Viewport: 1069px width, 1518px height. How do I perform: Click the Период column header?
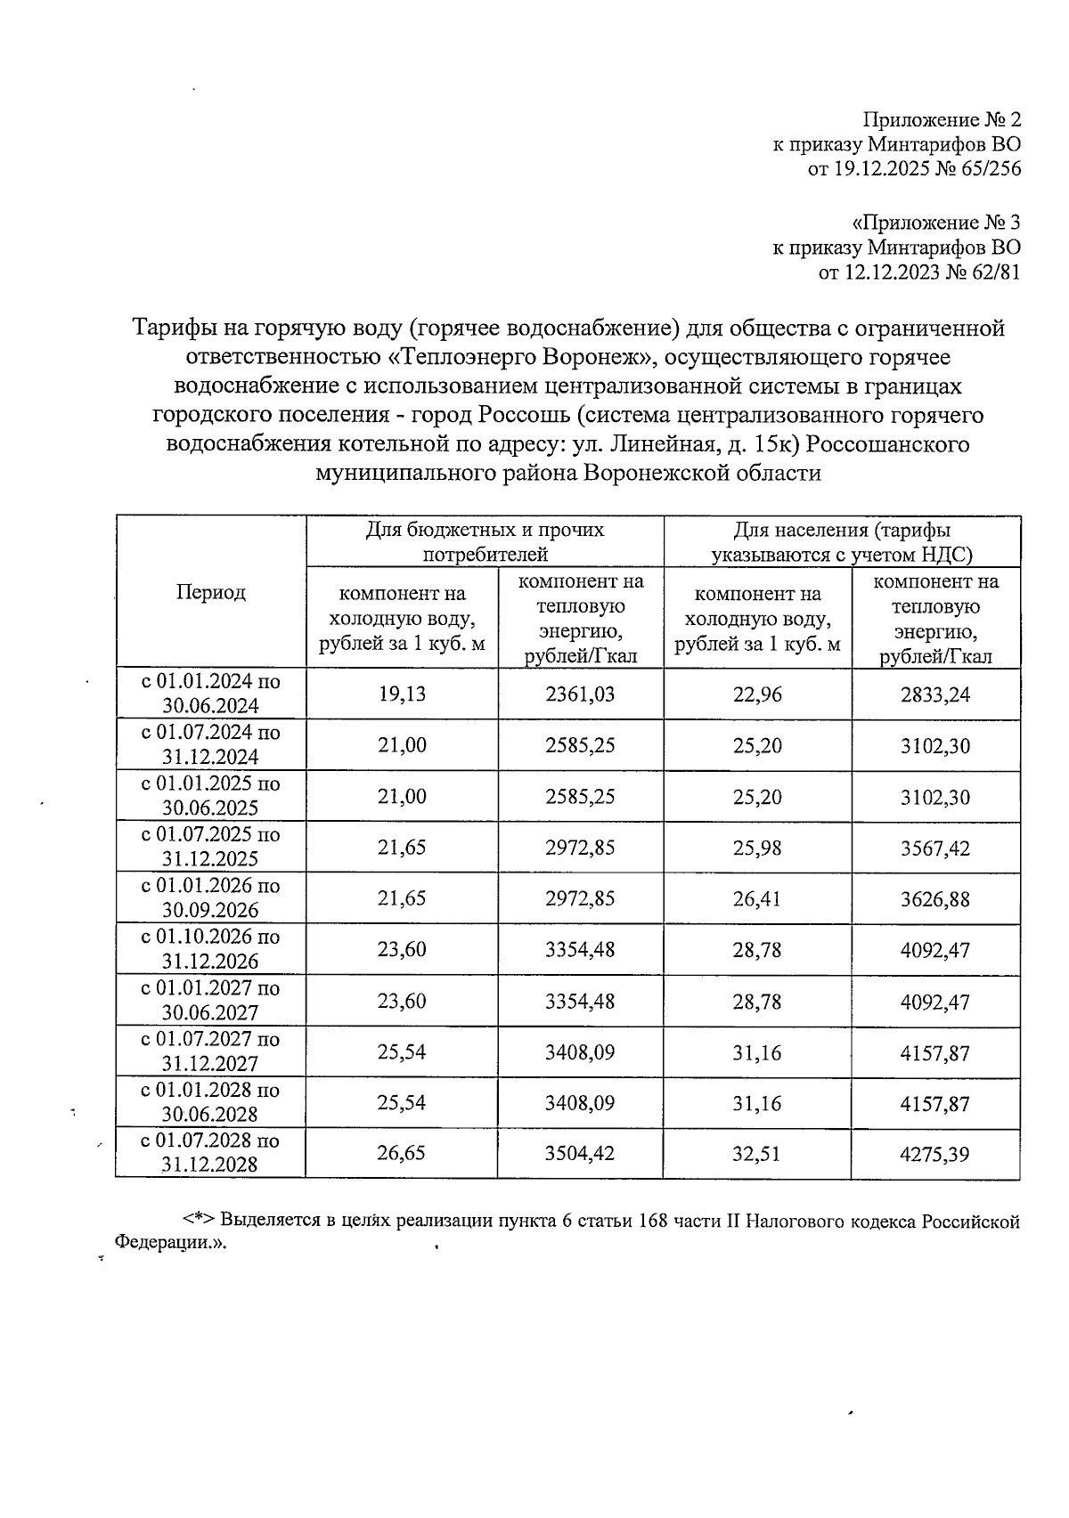click(210, 592)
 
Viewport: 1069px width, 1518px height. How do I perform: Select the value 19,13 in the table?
click(402, 694)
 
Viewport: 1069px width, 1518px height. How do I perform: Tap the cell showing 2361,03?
click(580, 694)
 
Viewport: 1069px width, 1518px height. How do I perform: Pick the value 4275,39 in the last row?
click(934, 1154)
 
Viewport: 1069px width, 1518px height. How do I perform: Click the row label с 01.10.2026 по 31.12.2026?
click(210, 949)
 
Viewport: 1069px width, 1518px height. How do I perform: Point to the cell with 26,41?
click(757, 898)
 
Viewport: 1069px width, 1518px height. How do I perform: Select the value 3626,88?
click(934, 898)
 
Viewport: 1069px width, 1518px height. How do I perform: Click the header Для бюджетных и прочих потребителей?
click(485, 541)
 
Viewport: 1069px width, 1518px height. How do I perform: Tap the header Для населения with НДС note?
click(841, 541)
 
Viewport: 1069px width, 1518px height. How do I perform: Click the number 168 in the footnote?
click(655, 1221)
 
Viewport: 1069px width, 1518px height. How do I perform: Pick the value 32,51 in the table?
click(757, 1154)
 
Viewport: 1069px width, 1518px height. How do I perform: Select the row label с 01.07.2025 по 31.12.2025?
click(210, 847)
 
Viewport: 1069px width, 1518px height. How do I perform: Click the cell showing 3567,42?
click(934, 848)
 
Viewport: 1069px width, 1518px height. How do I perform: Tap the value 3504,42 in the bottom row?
click(580, 1154)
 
